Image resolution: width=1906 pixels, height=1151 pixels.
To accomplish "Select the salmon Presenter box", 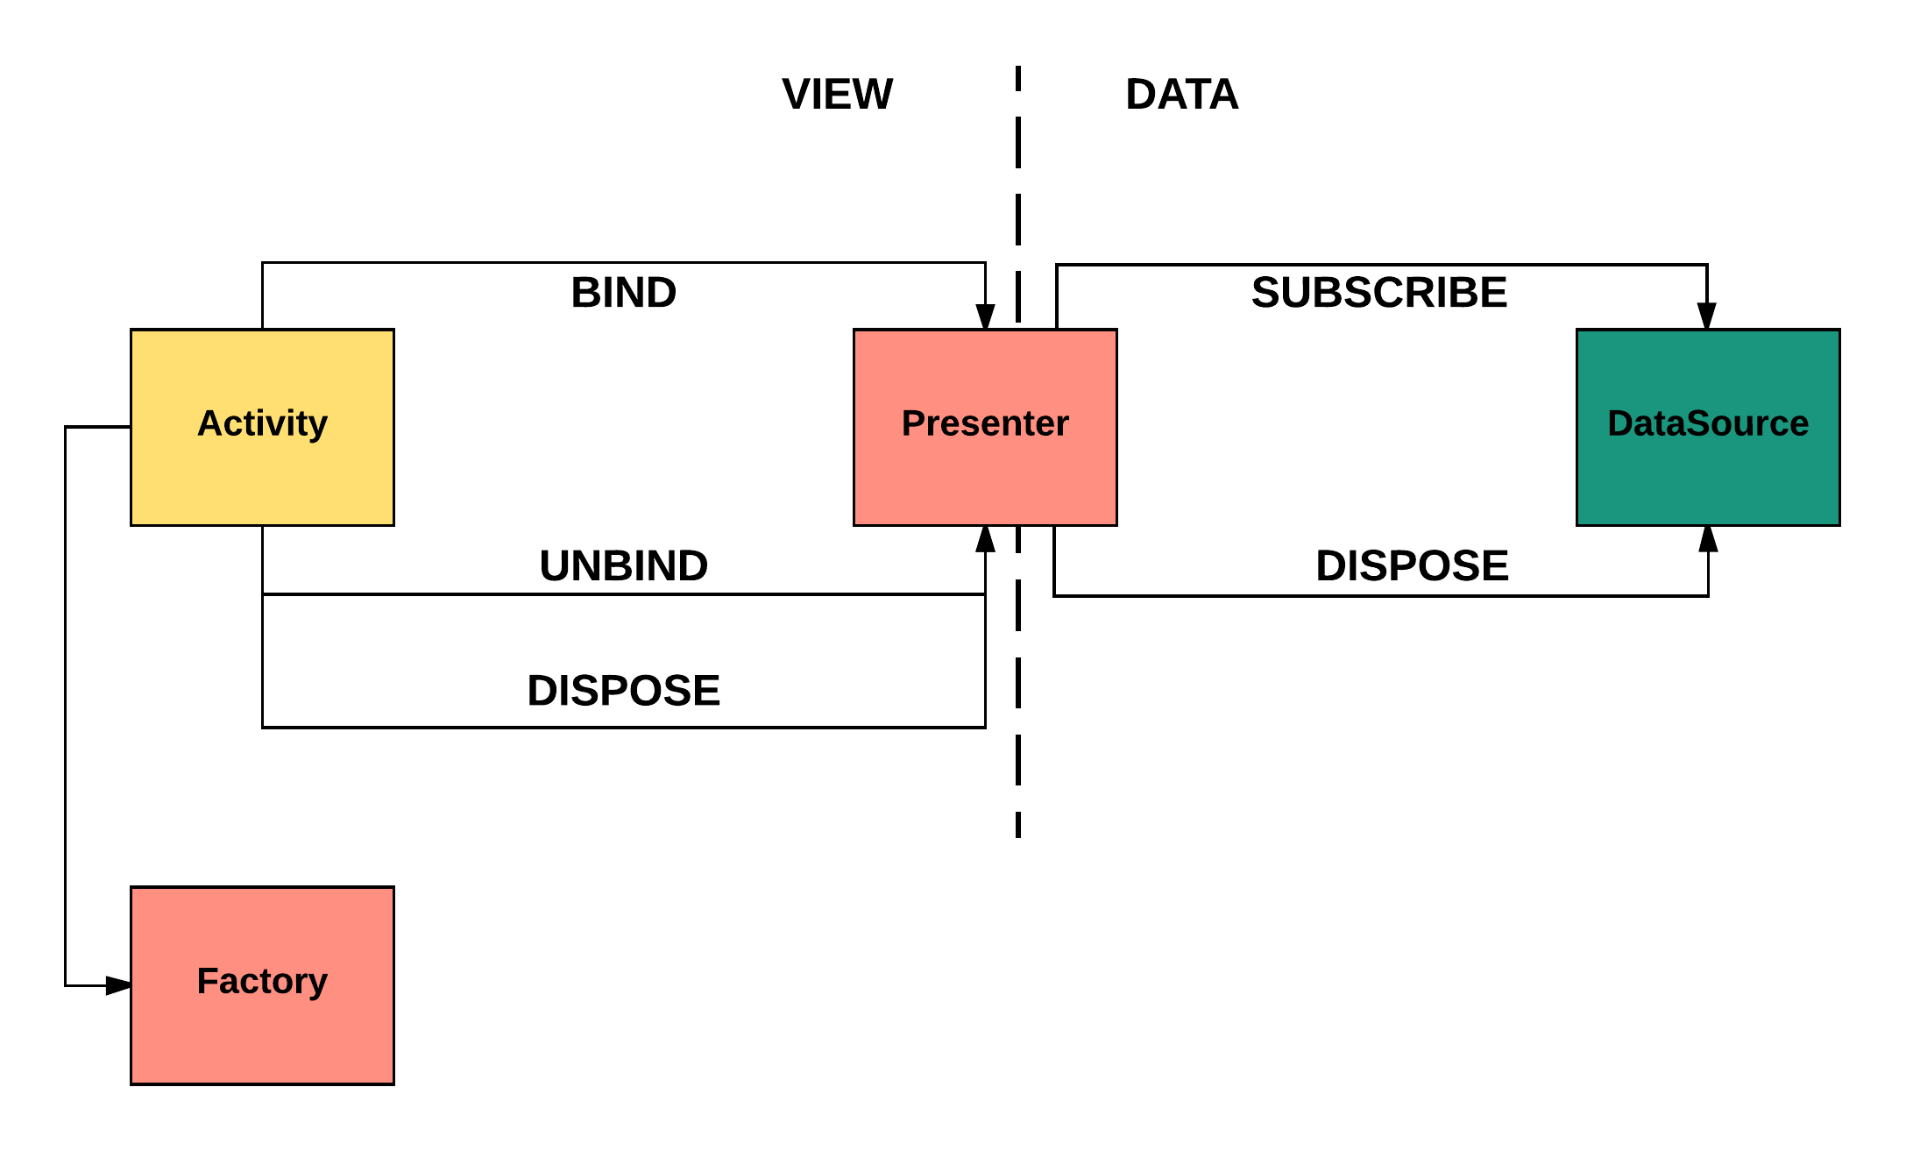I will coord(985,473).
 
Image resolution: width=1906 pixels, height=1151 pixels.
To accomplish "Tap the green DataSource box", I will coord(1708,473).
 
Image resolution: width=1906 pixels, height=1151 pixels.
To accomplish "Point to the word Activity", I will coord(262,423).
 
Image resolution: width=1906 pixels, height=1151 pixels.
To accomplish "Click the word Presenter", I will coord(985,423).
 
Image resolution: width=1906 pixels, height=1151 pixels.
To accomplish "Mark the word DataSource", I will coord(1708,423).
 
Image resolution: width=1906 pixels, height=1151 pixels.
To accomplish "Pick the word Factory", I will coord(262,981).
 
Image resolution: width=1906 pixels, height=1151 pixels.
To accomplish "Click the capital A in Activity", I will coord(209,423).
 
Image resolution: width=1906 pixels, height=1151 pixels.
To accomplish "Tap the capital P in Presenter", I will coord(914,423).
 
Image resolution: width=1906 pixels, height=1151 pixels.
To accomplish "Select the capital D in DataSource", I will coord(1621,423).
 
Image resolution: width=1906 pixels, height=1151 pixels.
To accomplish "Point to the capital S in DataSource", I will coord(1700,423).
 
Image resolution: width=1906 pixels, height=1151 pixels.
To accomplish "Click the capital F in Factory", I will coord(207,981).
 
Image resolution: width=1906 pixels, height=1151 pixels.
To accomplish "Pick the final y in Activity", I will coord(317,427).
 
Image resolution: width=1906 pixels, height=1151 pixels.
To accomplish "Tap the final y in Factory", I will coord(317,984).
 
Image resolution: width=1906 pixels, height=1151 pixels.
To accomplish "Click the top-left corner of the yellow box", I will coord(133,332).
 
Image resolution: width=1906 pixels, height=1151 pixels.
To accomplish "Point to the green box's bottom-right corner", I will coord(1837,523).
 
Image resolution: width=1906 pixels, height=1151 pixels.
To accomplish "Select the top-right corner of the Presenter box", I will coord(1114,332).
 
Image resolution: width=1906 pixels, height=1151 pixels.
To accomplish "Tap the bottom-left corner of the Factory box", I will coord(133,1081).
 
